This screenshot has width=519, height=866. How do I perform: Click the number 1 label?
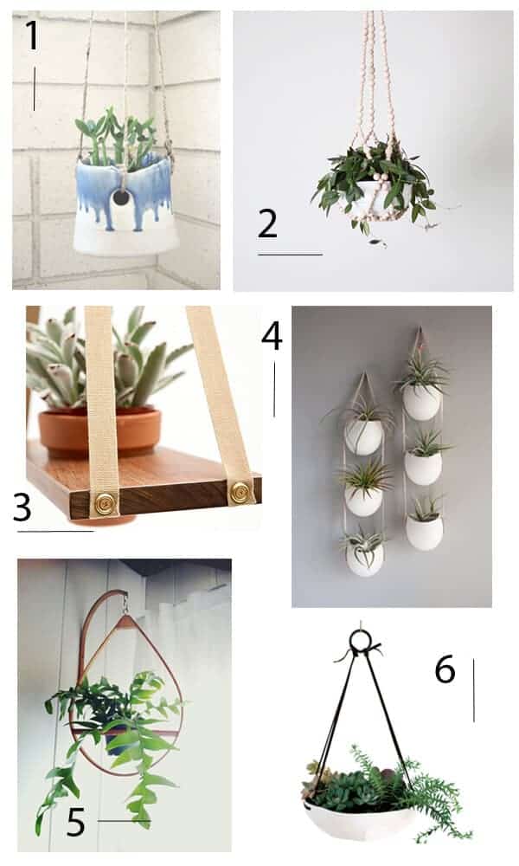32,35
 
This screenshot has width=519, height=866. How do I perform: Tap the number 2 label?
268,224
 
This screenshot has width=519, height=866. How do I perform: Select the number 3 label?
22,507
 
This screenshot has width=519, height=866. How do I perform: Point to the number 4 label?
272,336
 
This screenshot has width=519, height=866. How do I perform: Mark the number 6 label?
445,669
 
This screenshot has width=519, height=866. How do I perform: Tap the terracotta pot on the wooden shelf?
99,430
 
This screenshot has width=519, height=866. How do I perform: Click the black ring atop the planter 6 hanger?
362,641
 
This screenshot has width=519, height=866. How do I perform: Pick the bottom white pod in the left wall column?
364,558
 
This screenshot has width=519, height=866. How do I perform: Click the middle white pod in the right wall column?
423,468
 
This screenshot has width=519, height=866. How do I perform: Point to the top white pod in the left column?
363,436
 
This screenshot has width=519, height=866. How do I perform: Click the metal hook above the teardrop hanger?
126,602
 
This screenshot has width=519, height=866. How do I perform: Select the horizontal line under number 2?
290,255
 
